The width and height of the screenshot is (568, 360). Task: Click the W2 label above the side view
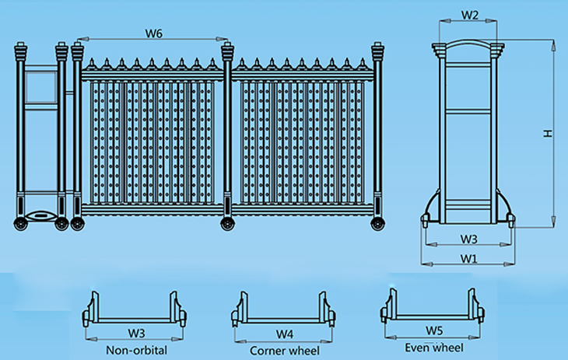click(x=470, y=15)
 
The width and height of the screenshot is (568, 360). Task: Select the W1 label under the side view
click(x=468, y=257)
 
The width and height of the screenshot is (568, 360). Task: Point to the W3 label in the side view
click(x=468, y=238)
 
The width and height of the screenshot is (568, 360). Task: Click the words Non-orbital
click(x=136, y=350)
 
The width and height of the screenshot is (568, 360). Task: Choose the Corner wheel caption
click(x=284, y=351)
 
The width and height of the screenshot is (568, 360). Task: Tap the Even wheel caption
click(x=433, y=347)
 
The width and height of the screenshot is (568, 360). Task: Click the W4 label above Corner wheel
click(x=285, y=334)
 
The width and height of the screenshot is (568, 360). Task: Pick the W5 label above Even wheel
click(x=433, y=330)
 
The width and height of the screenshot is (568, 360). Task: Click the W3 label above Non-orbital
click(x=136, y=334)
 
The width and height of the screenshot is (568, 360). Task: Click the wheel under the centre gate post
click(x=227, y=225)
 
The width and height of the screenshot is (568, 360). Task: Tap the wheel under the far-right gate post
click(x=378, y=225)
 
